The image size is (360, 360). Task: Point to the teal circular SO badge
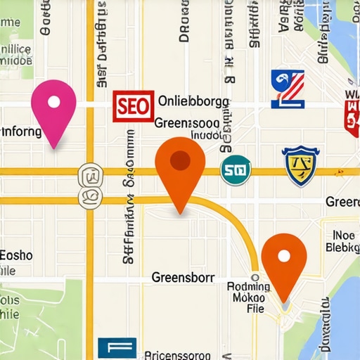pyautogui.click(x=236, y=169)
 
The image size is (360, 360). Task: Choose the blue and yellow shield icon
pyautogui.click(x=298, y=166)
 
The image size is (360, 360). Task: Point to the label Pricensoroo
pyautogui.click(x=179, y=354)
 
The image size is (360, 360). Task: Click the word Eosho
pyautogui.click(x=15, y=255)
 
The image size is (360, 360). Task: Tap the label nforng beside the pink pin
pyautogui.click(x=21, y=131)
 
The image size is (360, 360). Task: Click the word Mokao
pyautogui.click(x=249, y=297)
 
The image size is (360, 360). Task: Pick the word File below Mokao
pyautogui.click(x=254, y=309)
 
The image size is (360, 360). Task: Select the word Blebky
pyautogui.click(x=342, y=247)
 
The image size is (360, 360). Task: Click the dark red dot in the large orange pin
pyautogui.click(x=180, y=160)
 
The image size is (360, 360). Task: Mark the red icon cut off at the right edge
pyautogui.click(x=352, y=113)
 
